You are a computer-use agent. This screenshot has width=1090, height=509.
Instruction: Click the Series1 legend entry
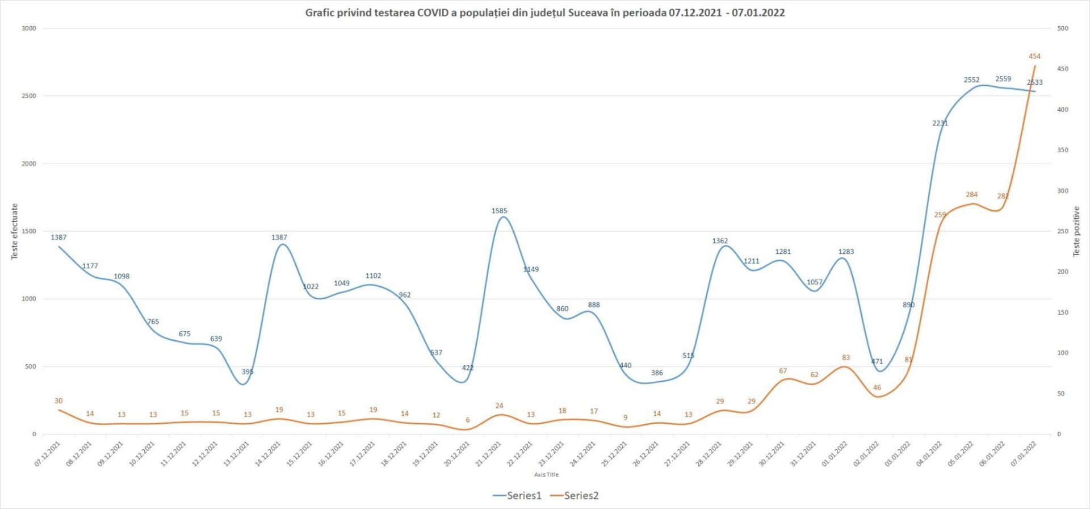point(517,495)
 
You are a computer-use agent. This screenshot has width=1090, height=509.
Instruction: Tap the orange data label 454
point(1034,56)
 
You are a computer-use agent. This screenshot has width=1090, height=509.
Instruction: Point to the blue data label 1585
point(499,211)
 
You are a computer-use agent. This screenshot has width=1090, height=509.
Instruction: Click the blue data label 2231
point(940,123)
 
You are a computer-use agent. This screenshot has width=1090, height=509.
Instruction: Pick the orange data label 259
point(940,215)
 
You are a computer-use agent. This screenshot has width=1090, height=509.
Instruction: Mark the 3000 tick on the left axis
point(28,28)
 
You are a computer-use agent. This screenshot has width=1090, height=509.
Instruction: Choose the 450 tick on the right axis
point(1062,69)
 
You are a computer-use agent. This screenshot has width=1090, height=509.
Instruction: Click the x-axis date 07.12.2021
point(48,454)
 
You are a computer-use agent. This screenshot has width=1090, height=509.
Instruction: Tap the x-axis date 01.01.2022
point(835,454)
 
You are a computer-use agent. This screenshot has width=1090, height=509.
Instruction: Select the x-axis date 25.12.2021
point(614,454)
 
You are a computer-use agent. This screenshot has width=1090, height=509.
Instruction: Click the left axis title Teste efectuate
point(15,231)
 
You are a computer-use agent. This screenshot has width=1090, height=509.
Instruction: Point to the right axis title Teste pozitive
point(1076,231)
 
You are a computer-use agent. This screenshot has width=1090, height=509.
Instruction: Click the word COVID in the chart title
point(433,12)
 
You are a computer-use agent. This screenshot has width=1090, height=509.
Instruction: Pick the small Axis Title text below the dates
point(546,474)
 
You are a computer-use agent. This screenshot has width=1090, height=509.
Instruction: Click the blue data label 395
point(248,372)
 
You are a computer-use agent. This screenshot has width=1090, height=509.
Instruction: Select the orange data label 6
point(468,420)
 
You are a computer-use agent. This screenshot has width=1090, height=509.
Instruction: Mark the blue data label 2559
point(1003,79)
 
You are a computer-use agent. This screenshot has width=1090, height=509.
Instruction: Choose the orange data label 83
point(846,357)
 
